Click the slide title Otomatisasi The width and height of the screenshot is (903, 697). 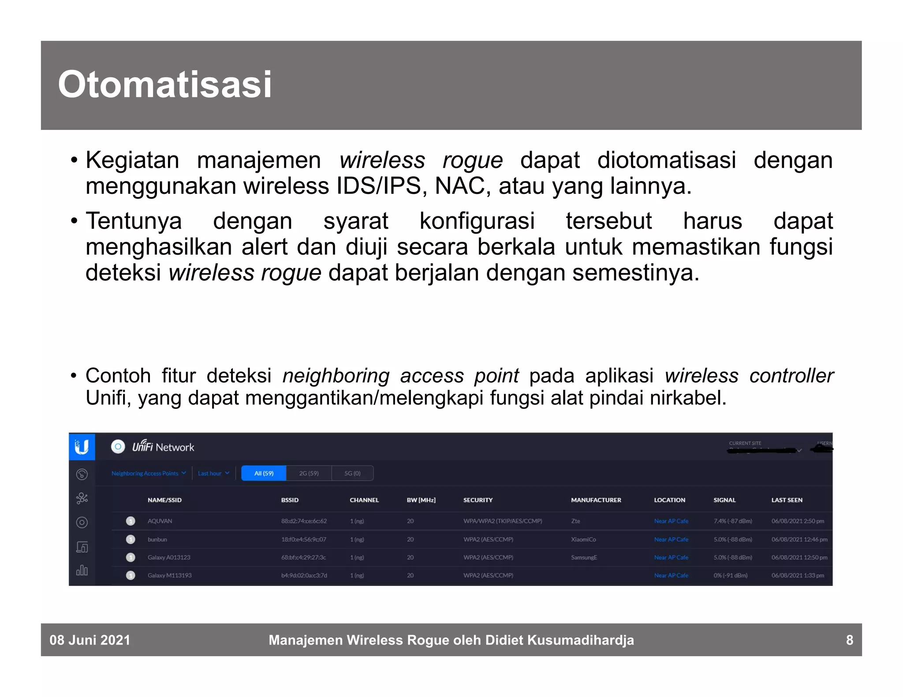(164, 85)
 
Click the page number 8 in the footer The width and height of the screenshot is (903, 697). (849, 640)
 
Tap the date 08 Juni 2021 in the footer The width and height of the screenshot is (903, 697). (90, 640)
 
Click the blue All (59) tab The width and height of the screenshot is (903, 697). (264, 473)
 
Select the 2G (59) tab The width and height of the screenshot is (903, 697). (309, 473)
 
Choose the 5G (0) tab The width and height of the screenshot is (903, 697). (352, 473)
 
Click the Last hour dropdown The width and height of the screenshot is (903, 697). (213, 473)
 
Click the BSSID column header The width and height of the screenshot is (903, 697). (290, 500)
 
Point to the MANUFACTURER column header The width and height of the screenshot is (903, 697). (596, 500)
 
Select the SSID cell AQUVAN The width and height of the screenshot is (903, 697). (160, 521)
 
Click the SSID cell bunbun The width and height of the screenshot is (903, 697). (157, 539)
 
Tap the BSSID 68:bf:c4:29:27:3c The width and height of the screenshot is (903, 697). (303, 557)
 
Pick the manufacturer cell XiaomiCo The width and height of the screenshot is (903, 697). (583, 539)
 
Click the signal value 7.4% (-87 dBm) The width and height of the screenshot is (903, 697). (732, 521)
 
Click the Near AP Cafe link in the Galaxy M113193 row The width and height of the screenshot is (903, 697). (671, 575)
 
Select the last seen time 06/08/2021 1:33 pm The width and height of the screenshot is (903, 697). (797, 575)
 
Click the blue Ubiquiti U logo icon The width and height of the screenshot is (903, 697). (82, 447)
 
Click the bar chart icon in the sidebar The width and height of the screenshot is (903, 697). (82, 571)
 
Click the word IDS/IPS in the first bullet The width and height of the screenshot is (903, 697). (379, 186)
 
